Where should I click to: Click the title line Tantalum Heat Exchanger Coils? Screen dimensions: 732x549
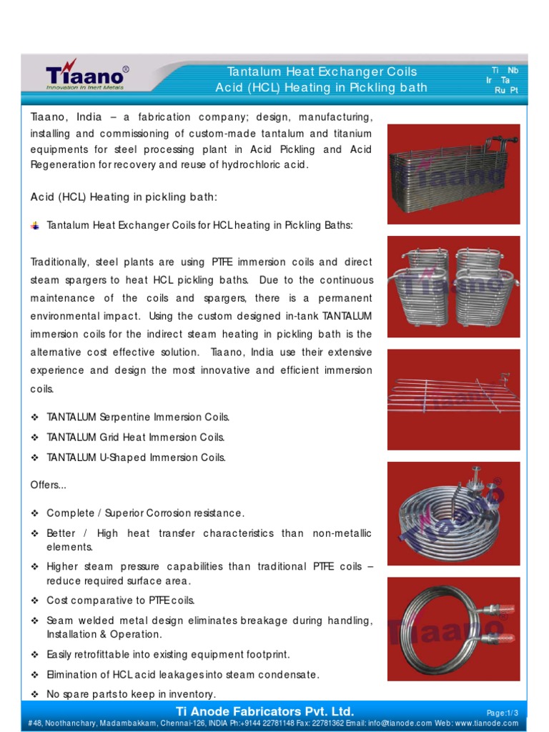pos(322,71)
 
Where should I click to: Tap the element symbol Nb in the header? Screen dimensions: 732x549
pos(513,70)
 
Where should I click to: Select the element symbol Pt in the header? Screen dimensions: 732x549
pos(513,90)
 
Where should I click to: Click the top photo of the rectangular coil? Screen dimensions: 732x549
pos(454,174)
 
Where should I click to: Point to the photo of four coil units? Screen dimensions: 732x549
pos(454,287)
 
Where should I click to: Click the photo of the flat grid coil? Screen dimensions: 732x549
pos(454,399)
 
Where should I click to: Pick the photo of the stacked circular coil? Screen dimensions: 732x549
pos(454,513)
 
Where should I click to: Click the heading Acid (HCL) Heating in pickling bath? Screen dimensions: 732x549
pos(124,197)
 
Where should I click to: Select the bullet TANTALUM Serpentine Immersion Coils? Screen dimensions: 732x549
pos(138,417)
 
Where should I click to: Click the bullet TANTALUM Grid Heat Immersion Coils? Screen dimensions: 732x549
pos(136,437)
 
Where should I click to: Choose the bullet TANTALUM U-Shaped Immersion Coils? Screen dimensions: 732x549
pos(136,457)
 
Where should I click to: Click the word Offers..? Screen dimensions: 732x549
pos(48,485)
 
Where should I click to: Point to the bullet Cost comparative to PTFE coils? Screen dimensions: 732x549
pos(120,600)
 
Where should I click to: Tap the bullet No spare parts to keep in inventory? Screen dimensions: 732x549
pos(131,694)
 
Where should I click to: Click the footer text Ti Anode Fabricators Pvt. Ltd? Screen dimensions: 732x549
pos(264,711)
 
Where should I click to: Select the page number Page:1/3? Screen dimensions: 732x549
pos(502,713)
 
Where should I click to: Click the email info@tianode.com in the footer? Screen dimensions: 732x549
pos(389,724)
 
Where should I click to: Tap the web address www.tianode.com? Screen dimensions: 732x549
pos(487,724)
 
